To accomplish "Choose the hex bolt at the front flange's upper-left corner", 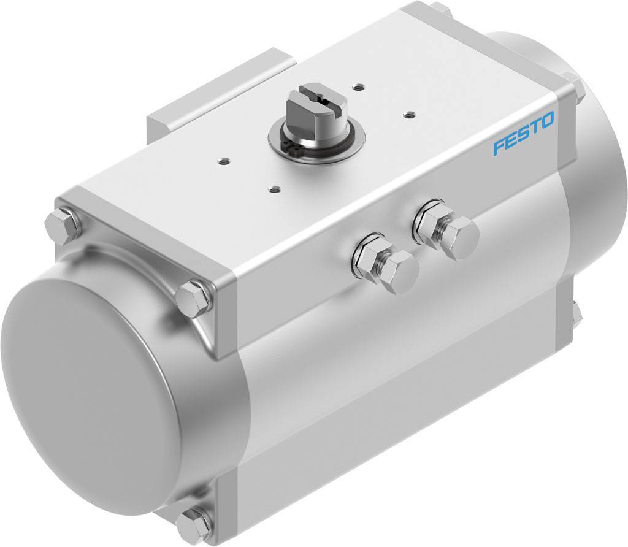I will pyautogui.click(x=63, y=224).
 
